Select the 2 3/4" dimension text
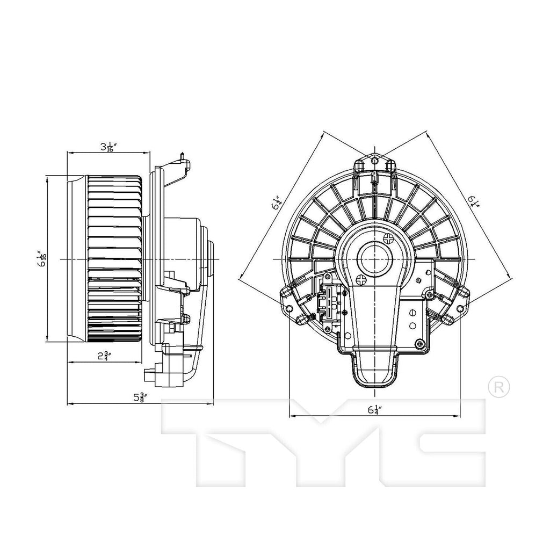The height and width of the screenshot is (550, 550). click(105, 355)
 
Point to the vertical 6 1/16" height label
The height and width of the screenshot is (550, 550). click(41, 259)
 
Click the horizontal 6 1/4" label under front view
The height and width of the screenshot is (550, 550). click(374, 409)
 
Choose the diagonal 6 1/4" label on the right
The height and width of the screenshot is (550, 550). click(473, 201)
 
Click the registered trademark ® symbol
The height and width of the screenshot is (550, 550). click(497, 386)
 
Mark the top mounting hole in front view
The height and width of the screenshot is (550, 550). click(375, 160)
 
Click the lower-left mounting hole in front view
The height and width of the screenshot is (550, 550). click(290, 308)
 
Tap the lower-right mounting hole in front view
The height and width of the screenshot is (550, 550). click(461, 308)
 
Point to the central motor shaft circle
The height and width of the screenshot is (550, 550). click(375, 258)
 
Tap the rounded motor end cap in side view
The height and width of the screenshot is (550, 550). click(210, 259)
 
